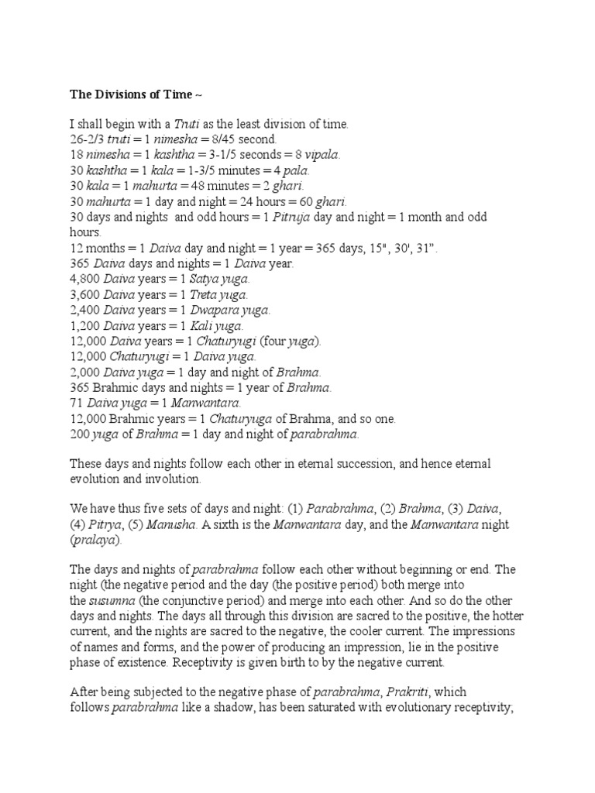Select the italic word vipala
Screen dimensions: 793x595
[319, 155]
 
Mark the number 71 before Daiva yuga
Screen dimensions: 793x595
[77, 403]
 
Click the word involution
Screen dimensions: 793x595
[172, 479]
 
